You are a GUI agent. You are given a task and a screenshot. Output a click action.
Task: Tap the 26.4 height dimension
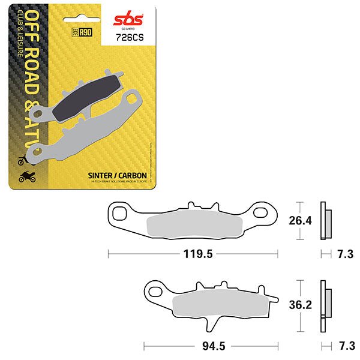[300, 221]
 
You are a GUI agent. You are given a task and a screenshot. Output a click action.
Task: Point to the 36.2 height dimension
[300, 305]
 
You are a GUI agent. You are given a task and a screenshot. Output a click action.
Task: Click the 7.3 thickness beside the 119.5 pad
[345, 254]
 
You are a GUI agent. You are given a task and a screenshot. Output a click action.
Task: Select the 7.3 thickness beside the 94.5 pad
[345, 347]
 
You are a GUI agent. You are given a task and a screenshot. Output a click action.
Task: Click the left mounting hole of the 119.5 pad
[119, 211]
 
